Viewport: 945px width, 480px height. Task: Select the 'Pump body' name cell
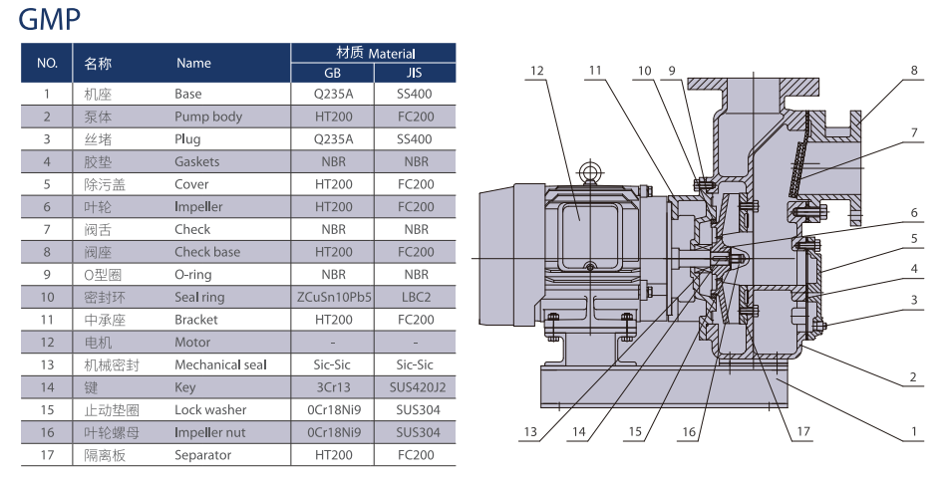[208, 117]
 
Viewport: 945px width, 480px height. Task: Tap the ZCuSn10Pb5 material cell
[334, 297]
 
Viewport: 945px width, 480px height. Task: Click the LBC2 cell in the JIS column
[416, 297]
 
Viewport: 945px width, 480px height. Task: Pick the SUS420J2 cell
[416, 387]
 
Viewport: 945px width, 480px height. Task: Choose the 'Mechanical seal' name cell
[220, 364]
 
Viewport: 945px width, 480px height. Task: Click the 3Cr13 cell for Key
[334, 387]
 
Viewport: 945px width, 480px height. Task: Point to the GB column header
[334, 73]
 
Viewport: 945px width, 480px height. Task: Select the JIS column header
[416, 73]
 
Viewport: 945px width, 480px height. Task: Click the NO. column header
[47, 63]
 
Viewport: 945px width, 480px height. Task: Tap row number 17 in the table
[47, 455]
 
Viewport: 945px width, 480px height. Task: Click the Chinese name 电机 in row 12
[98, 343]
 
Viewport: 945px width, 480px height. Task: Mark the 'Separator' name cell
[203, 455]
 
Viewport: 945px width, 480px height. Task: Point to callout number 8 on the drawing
[913, 71]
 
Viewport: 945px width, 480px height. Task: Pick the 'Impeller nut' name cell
[211, 432]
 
